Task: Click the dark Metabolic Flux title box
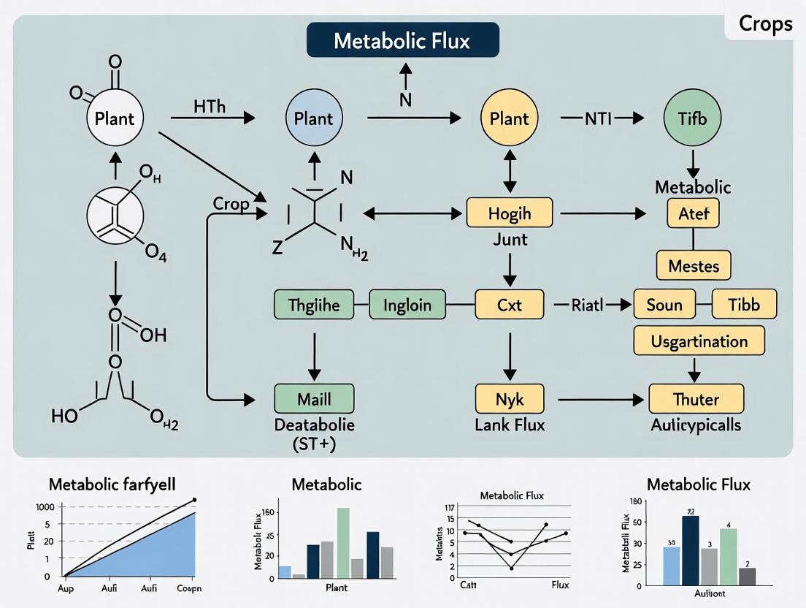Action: (403, 40)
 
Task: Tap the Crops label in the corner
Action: (765, 23)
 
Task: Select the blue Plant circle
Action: (313, 118)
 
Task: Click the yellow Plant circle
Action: (508, 118)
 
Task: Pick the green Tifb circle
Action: (691, 118)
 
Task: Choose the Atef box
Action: (693, 214)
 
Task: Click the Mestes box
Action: (694, 266)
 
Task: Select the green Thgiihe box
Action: (314, 305)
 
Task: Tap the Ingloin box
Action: (407, 305)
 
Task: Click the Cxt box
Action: (510, 305)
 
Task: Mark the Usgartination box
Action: (699, 341)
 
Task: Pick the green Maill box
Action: (314, 399)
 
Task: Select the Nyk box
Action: (510, 399)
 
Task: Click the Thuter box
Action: (696, 399)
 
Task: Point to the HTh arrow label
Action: (210, 107)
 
